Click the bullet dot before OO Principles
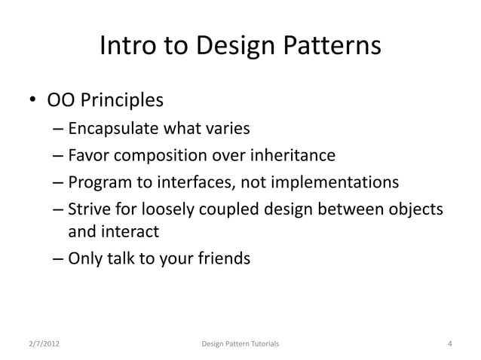[33, 101]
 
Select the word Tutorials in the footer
[261, 344]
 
